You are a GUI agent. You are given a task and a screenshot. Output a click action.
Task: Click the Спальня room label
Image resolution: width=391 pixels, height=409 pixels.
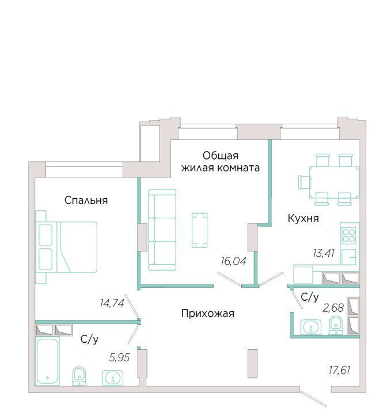(86, 200)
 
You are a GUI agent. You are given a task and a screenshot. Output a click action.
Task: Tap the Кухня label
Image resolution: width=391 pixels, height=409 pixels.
(303, 218)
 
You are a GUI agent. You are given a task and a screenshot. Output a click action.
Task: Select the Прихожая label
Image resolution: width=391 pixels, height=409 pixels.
(207, 313)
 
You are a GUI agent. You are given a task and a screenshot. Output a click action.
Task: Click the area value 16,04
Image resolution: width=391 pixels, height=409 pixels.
(233, 261)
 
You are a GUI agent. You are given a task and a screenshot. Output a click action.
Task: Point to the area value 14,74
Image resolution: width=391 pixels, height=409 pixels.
(112, 303)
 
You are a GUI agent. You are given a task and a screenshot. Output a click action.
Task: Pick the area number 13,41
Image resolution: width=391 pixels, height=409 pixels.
(324, 253)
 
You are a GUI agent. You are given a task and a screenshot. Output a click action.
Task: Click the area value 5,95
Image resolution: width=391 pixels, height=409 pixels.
(119, 357)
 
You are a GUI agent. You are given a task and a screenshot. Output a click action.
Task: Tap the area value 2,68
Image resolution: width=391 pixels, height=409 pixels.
(333, 308)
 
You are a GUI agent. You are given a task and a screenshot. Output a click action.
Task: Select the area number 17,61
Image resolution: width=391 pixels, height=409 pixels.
(339, 370)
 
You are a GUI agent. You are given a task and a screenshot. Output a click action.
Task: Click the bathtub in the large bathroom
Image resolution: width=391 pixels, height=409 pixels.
(47, 361)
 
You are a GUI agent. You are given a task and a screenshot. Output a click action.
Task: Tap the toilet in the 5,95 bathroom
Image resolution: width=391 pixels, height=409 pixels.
(79, 376)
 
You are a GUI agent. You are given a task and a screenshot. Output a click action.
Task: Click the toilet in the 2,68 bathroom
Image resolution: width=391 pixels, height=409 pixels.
(336, 325)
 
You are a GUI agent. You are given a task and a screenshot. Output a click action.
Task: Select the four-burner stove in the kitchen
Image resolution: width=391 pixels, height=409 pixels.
(350, 236)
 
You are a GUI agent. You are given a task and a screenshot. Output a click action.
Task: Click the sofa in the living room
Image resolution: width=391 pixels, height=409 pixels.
(162, 229)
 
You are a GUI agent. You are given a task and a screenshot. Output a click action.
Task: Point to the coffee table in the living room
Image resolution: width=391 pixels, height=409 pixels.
(199, 230)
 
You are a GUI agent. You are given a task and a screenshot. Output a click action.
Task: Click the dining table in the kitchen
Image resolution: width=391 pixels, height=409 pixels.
(334, 183)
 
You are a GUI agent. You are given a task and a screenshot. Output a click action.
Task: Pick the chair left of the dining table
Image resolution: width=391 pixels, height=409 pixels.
(305, 182)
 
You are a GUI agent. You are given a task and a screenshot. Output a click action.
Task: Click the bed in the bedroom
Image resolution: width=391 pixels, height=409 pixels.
(66, 247)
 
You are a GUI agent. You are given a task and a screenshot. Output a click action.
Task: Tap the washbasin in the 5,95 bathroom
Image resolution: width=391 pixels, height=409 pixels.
(113, 378)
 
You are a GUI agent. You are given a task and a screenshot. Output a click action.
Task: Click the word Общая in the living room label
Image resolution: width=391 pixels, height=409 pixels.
(221, 156)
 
